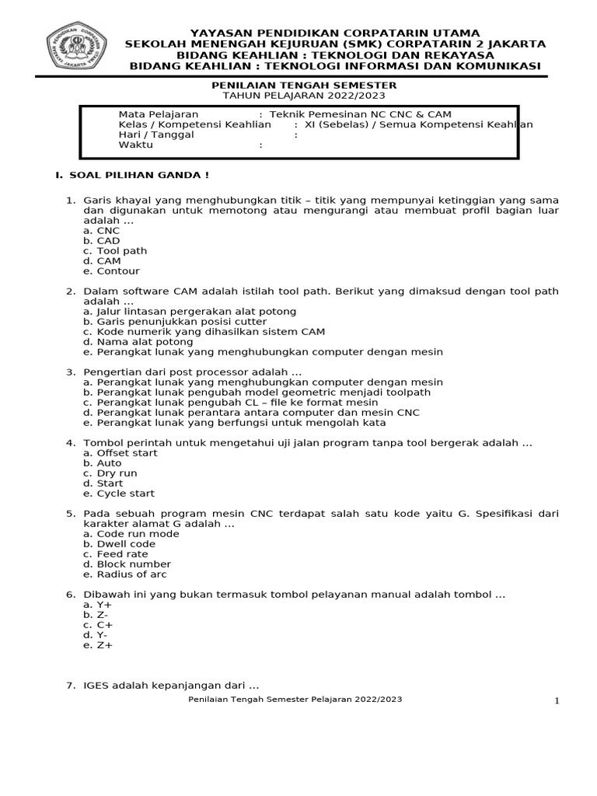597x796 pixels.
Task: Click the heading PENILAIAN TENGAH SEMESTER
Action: click(x=305, y=85)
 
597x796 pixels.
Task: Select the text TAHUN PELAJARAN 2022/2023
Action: click(x=305, y=95)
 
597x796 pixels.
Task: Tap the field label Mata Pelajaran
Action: click(x=153, y=114)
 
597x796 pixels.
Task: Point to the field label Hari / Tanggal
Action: click(x=156, y=134)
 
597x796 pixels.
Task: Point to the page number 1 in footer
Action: click(x=557, y=702)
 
